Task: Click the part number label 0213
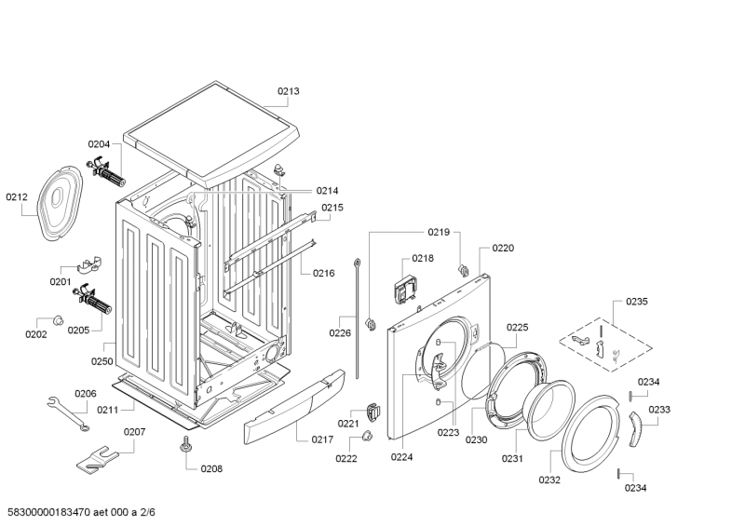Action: tap(288, 91)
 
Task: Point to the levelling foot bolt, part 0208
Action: tap(186, 445)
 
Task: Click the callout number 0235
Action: tap(637, 302)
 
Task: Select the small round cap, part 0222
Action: tap(366, 438)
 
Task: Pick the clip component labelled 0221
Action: tap(373, 411)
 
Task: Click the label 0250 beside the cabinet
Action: tap(102, 361)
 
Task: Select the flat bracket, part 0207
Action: tap(100, 457)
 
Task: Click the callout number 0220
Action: tap(503, 249)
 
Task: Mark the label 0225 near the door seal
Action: tap(517, 327)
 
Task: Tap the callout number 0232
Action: tap(549, 480)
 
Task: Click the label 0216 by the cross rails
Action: tap(323, 273)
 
